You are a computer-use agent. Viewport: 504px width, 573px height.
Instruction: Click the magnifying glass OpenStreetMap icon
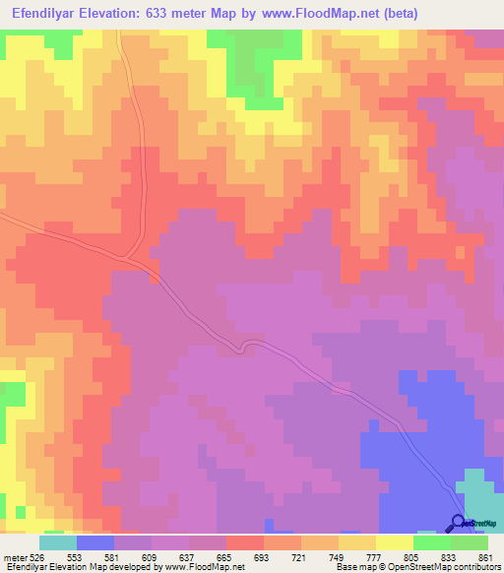(458, 524)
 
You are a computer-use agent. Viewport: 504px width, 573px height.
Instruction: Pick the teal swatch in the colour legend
(58, 542)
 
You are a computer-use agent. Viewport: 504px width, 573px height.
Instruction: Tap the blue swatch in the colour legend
(95, 542)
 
